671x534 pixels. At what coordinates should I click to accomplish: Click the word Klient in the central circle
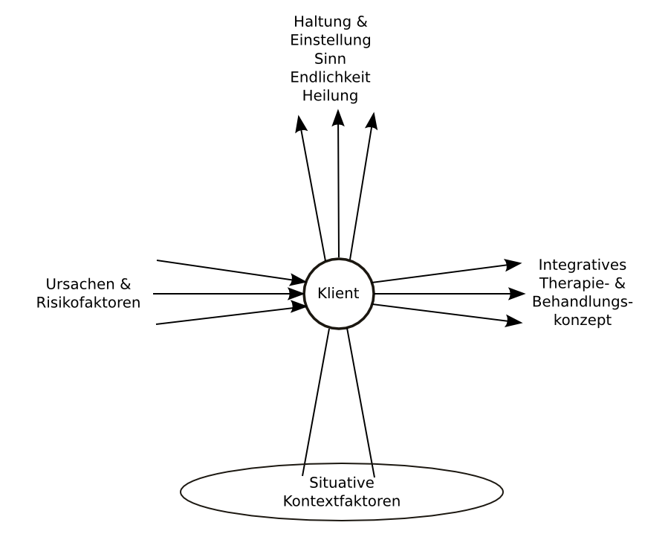338,294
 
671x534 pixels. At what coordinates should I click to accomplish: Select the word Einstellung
331,39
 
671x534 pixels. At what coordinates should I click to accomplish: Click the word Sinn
331,58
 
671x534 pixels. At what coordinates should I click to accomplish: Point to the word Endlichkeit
331,77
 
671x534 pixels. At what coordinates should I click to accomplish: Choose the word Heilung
331,95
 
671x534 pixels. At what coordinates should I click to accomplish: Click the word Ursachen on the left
77,284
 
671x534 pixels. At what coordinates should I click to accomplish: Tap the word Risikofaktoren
88,303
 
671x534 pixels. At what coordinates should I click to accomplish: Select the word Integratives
583,266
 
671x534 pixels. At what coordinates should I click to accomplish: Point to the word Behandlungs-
583,302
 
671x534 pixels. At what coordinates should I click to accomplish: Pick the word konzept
583,321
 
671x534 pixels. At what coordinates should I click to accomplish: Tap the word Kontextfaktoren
342,501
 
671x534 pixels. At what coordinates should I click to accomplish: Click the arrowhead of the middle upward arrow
339,118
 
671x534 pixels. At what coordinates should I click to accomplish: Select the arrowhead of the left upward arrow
301,123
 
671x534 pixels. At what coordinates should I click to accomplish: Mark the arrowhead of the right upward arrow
372,120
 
